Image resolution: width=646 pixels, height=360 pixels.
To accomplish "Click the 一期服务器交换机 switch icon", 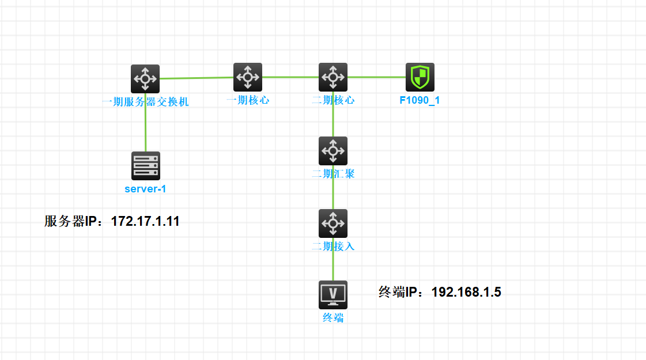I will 145,79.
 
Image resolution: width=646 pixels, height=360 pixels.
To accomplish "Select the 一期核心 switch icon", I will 248,77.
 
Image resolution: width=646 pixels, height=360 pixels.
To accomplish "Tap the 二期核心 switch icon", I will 333,77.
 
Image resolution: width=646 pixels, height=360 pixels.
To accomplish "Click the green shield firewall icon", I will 420,77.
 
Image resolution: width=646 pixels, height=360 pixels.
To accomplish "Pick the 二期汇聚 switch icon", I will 333,151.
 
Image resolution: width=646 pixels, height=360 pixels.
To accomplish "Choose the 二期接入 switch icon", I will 333,223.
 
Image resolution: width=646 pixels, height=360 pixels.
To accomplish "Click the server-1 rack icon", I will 146,166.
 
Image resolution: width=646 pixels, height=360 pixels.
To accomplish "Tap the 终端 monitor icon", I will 333,295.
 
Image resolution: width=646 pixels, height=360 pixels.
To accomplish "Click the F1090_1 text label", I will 420,100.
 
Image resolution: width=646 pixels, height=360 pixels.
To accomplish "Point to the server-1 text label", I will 145,189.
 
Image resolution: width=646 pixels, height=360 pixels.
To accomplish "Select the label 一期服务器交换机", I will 145,103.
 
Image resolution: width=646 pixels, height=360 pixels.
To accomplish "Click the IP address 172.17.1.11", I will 145,221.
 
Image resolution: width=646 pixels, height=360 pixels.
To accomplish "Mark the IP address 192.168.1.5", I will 466,293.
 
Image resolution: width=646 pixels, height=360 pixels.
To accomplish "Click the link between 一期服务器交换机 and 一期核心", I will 196,78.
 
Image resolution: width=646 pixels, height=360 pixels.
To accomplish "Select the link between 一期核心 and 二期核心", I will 290,77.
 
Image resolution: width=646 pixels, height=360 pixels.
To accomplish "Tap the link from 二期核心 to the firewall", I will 376,77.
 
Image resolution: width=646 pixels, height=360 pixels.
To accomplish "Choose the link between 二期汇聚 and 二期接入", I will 333,194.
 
